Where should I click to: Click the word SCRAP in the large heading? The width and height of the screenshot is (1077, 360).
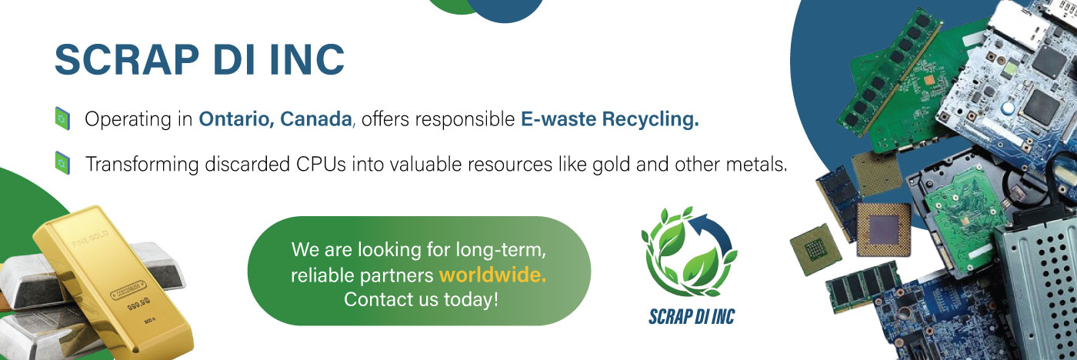coord(127,59)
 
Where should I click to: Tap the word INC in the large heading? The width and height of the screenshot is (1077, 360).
coord(307,59)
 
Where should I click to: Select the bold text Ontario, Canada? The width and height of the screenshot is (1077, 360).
coord(275,119)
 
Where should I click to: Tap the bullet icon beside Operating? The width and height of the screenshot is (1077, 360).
coord(62,118)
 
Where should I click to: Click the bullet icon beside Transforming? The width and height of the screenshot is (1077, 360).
coord(62,163)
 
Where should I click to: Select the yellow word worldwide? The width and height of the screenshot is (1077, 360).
coord(493,275)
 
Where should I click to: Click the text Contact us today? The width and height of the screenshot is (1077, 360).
coord(422,299)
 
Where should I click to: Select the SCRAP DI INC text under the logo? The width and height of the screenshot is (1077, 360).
coord(692,317)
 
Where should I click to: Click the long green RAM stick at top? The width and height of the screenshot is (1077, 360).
coord(889,72)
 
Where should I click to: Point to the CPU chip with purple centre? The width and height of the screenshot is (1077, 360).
coord(884,229)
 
